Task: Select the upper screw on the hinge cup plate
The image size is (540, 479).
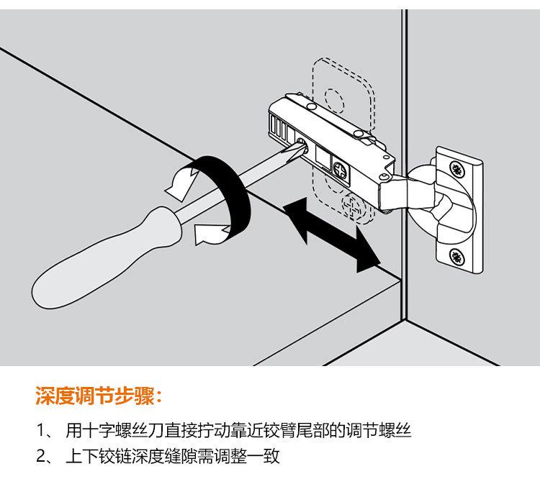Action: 456,169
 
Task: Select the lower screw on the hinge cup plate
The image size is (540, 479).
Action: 456,255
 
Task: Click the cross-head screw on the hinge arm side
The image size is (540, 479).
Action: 341,170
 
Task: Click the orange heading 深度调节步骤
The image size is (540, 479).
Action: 99,396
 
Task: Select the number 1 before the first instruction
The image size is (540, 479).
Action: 41,432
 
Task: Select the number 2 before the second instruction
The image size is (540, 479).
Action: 41,456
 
